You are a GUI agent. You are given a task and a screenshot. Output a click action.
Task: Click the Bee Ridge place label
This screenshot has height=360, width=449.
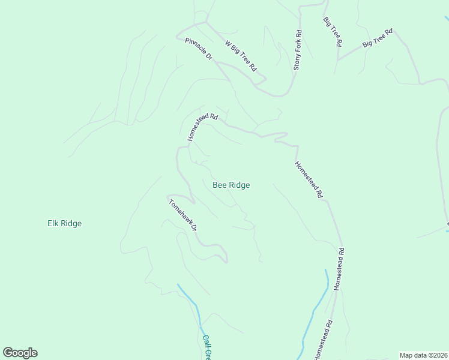point(231,185)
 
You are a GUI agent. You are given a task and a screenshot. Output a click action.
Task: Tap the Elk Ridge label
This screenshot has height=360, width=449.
point(64,224)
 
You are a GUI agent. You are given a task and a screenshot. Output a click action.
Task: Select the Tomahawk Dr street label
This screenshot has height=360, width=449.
point(183,214)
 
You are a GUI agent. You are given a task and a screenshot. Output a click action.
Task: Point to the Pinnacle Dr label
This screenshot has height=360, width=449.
point(199,49)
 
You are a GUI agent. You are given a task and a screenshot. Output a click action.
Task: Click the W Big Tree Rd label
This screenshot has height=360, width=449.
point(241,56)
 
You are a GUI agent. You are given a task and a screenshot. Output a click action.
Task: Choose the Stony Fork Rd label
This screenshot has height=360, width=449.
point(297,51)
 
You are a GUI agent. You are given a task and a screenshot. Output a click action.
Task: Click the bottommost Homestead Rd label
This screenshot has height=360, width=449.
point(322,340)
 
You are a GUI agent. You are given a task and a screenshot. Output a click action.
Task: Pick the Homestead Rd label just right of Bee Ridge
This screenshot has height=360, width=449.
point(309,180)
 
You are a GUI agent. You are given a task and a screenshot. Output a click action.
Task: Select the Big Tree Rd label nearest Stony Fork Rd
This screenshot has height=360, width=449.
point(333,32)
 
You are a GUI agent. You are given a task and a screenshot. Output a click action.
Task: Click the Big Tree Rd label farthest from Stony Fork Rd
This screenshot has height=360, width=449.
point(377,38)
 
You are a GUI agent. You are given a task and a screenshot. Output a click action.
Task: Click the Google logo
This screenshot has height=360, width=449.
point(20,353)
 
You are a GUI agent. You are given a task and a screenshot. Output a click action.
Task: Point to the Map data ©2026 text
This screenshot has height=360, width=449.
point(423,355)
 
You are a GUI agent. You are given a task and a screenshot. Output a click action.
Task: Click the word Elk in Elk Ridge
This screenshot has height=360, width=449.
point(53,224)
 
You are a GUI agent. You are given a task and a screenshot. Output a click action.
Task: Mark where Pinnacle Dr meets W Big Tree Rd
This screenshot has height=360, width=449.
point(206,22)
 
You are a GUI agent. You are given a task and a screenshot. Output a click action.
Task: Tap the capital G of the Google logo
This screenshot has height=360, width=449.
point(8,353)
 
